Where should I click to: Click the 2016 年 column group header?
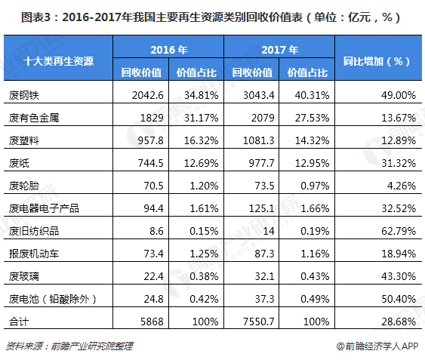(169, 50)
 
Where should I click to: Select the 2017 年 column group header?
(280, 50)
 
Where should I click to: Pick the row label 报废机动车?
(31, 253)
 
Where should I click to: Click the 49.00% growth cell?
(397, 95)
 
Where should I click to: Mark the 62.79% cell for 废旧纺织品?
(397, 230)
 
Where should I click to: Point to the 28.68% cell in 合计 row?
(397, 321)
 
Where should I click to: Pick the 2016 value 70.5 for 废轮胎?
(152, 186)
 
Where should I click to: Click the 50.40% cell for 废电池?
(397, 298)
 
